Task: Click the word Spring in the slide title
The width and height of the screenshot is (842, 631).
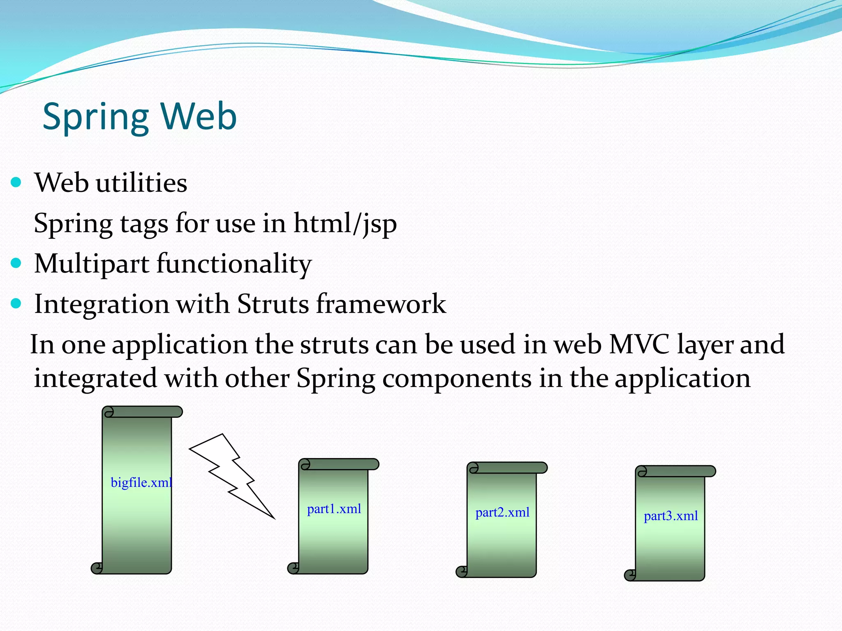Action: click(95, 117)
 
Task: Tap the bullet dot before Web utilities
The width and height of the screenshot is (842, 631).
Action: click(16, 182)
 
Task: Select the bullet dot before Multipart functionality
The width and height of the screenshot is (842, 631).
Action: click(16, 263)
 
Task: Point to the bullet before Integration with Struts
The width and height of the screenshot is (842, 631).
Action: click(16, 304)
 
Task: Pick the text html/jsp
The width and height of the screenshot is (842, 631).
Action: click(345, 224)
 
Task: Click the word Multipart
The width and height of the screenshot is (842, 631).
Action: click(91, 264)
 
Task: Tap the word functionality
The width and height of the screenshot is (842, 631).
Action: click(234, 264)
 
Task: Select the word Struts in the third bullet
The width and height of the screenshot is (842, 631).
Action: click(273, 304)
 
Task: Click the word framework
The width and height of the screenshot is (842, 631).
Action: click(381, 304)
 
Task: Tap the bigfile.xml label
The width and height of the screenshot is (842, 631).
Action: click(141, 482)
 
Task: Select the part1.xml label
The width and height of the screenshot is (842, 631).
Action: click(334, 509)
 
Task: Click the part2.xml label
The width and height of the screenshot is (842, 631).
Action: click(502, 512)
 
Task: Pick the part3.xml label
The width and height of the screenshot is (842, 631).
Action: click(671, 516)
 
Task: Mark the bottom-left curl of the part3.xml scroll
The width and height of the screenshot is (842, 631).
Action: click(630, 575)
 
